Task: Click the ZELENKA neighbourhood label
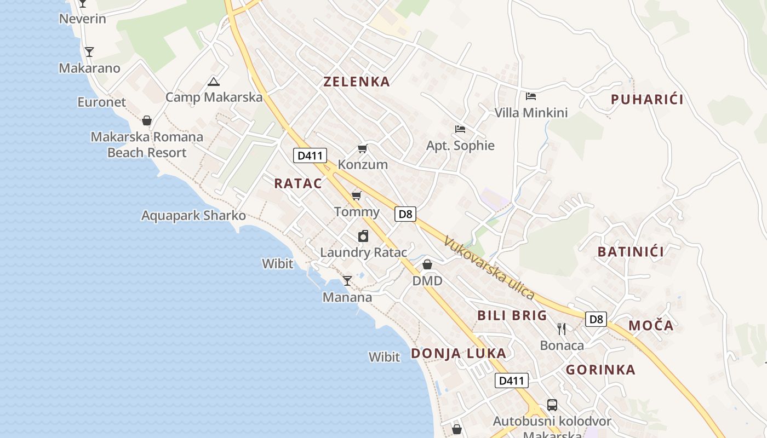[x=357, y=82]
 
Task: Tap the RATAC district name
[x=298, y=183]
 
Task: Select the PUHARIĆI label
[x=647, y=100]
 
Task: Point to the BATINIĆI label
[x=631, y=252]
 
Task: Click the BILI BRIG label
[x=512, y=315]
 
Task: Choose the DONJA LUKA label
[x=459, y=354]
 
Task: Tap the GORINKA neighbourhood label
[x=600, y=370]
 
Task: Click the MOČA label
[x=651, y=326]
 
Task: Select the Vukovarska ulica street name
[x=489, y=268]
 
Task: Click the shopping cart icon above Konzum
[x=362, y=149]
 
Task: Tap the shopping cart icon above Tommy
[x=357, y=195]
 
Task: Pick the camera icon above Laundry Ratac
[x=363, y=236]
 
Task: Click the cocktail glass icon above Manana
[x=347, y=281]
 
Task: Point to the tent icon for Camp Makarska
[x=214, y=82]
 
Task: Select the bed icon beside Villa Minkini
[x=530, y=96]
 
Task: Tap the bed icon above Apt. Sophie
[x=460, y=129]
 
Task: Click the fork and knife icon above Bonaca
[x=562, y=328]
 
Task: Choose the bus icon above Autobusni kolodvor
[x=552, y=405]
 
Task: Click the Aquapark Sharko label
[x=193, y=216]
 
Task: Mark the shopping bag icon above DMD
[x=427, y=265]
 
